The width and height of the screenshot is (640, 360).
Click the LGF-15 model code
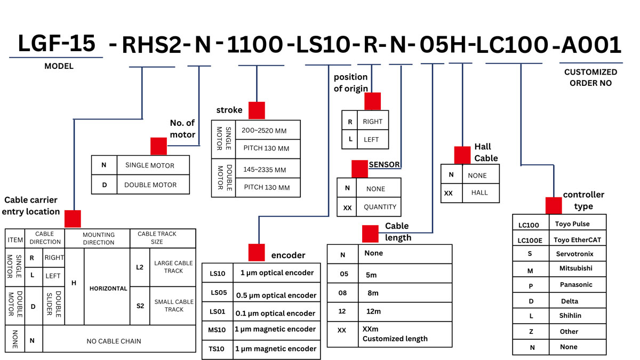tap(57, 44)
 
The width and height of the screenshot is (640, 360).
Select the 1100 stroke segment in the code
tap(255, 46)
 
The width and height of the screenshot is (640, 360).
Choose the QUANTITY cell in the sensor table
tap(380, 207)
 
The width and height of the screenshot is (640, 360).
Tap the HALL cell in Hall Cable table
tap(479, 193)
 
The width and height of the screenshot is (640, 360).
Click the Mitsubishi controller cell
tap(575, 269)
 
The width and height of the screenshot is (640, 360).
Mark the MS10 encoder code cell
tap(218, 330)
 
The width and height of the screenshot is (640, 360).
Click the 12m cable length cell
tap(373, 311)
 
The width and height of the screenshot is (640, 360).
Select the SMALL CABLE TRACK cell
tap(174, 306)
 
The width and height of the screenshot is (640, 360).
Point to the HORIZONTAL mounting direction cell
tap(108, 289)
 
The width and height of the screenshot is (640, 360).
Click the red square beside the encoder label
tap(257, 253)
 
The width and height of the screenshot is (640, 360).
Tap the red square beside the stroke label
tap(257, 110)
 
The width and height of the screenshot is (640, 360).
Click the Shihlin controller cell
tap(571, 315)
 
